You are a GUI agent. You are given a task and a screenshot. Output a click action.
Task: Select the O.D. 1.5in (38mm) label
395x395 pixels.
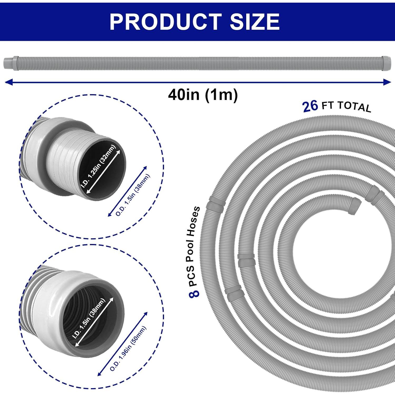pos(133,195)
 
